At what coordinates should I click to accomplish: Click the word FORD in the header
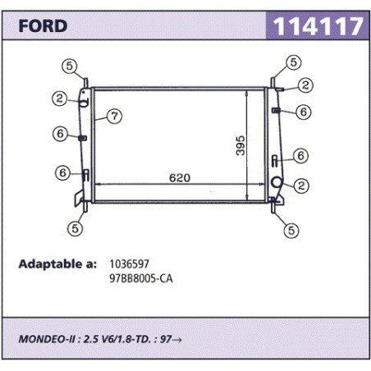tap(43, 26)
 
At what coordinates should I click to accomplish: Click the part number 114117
tap(318, 26)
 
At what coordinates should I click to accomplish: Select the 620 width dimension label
tap(180, 178)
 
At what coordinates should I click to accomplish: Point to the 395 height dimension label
tap(240, 145)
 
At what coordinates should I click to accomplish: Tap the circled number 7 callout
tap(114, 117)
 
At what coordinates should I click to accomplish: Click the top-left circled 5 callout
tap(70, 66)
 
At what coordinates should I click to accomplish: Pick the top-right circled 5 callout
tap(294, 62)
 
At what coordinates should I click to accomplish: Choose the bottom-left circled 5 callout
tap(76, 228)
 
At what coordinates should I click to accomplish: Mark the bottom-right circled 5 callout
tap(291, 231)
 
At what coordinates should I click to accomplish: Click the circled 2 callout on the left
tap(60, 98)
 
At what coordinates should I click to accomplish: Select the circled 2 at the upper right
tap(305, 85)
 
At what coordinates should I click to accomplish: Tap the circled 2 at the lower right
tap(301, 186)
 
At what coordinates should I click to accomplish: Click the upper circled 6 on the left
tap(60, 134)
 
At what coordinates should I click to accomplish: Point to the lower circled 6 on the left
tap(62, 172)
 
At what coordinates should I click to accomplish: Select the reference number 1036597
tap(129, 264)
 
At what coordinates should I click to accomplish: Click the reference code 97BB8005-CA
tap(141, 278)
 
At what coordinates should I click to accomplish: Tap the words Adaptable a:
tap(57, 264)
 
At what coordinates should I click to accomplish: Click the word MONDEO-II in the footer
tap(47, 339)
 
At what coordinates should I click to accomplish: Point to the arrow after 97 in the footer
tap(177, 340)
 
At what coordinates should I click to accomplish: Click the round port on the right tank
tap(277, 182)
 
